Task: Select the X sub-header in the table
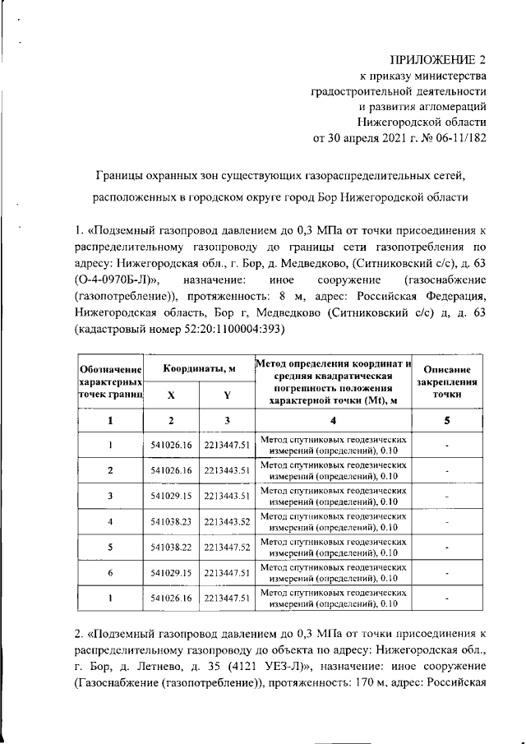pyautogui.click(x=171, y=395)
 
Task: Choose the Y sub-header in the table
pyautogui.click(x=226, y=395)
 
